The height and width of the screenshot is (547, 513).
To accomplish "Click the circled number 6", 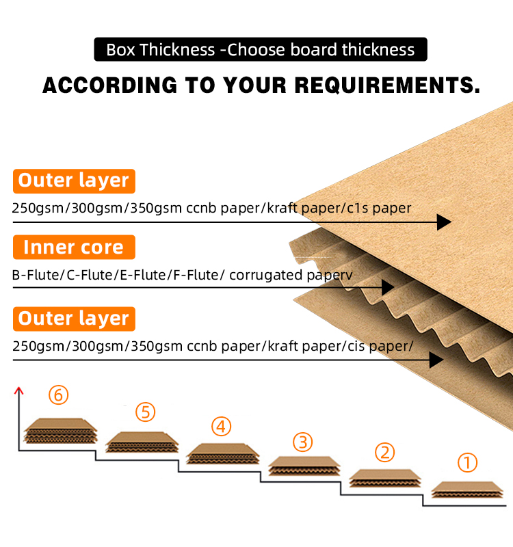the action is pos(58,395).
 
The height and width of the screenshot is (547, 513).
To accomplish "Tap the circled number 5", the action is pos(145,412).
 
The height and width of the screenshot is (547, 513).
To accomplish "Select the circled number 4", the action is pos(221,426).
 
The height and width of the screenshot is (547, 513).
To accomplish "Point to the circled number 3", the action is pos(302,442).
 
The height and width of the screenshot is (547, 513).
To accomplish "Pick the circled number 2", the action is pos(384,453).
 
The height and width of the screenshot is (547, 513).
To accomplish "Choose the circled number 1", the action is pos(467,463).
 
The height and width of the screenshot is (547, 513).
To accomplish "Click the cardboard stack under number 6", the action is pos(60,431).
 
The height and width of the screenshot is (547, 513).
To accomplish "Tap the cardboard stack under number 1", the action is pos(467,490).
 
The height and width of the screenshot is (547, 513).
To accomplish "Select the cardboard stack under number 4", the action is pos(223,454).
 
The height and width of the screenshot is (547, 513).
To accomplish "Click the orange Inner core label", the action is pos(74,247).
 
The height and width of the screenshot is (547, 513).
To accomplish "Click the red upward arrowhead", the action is pos(19,390).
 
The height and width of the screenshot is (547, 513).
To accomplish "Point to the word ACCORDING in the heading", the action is pos(110,85).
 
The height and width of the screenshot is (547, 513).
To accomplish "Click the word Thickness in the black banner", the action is pos(177,49).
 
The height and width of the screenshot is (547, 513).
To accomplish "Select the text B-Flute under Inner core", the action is pos(36,275).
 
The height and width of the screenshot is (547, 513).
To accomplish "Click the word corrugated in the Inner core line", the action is pos(265,276).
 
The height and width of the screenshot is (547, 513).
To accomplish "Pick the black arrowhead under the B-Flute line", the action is pos(388,287).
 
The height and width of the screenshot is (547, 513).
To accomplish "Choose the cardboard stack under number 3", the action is pos(304,466).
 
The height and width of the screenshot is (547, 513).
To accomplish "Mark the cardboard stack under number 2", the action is pos(385,478).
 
